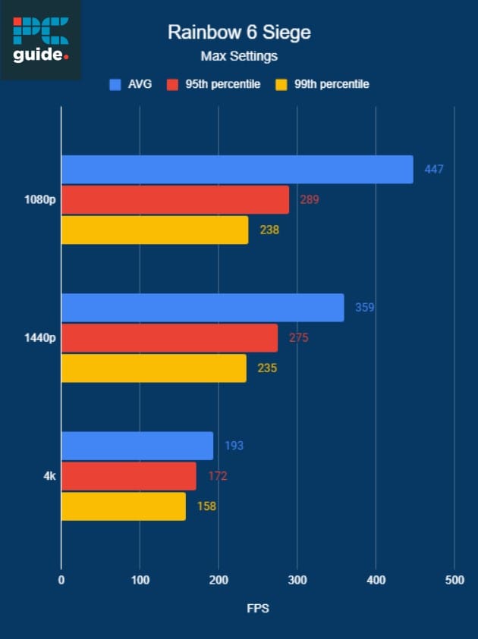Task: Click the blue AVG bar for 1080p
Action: [x=237, y=169]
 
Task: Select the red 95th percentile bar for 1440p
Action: [x=169, y=337]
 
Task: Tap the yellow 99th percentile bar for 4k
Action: [x=123, y=506]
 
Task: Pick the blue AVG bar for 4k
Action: [x=137, y=446]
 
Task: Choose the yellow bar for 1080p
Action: [x=155, y=230]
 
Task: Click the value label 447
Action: [x=434, y=169]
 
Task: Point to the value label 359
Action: [x=365, y=308]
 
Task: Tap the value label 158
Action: [x=206, y=506]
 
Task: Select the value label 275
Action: [x=298, y=338]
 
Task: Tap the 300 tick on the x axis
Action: [x=297, y=580]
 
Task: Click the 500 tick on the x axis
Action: [x=454, y=580]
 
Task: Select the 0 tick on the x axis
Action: [x=61, y=580]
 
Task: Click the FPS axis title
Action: [x=258, y=608]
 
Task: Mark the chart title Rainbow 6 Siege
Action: [x=239, y=33]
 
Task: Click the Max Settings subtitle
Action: [x=239, y=56]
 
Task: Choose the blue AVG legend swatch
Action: [x=115, y=84]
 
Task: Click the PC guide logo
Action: [x=41, y=39]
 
